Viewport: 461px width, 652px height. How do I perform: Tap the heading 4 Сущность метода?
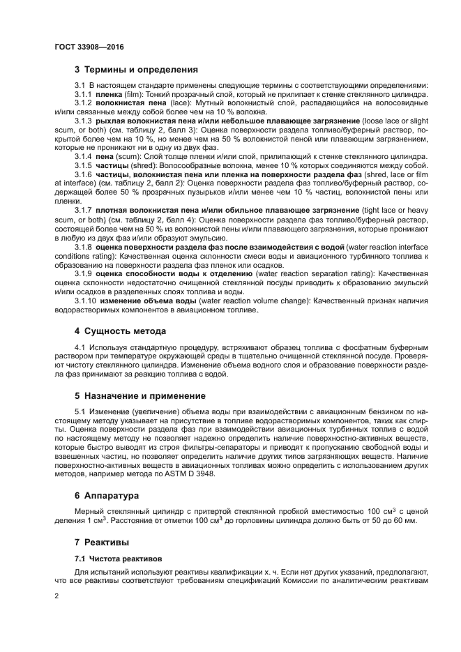coord(120,331)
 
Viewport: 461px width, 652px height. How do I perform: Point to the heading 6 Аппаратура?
coord(107,495)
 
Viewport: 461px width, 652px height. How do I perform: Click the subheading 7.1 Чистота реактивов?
coord(117,559)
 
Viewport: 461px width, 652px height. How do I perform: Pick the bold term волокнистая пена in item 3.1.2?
coord(126,103)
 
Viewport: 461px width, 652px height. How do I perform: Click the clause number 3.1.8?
coord(83,247)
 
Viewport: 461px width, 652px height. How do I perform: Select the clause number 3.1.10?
coord(85,301)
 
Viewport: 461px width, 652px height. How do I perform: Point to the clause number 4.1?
coord(80,347)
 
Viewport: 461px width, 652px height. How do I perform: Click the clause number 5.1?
coord(80,411)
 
